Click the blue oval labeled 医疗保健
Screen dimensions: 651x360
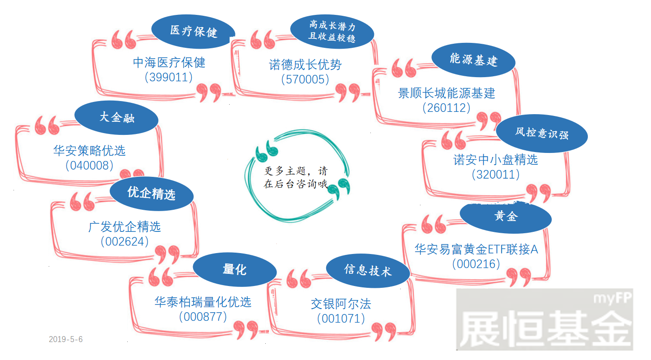[193, 32]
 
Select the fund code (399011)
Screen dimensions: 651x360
[169, 77]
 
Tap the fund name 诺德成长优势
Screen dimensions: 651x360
[305, 65]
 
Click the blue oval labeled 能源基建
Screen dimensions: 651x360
[473, 60]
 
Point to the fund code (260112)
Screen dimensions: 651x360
[446, 108]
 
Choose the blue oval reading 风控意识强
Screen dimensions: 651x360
[542, 134]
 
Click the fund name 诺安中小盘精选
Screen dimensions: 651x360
[495, 160]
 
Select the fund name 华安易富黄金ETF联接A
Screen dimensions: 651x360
[476, 249]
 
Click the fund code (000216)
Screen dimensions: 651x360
[476, 264]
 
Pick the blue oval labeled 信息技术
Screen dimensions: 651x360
[368, 271]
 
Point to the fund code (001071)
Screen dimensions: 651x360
[341, 319]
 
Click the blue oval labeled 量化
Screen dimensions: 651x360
[235, 269]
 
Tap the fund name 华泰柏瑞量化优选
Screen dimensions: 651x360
[203, 302]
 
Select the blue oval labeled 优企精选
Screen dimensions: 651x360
[152, 194]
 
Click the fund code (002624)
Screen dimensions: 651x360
[125, 242]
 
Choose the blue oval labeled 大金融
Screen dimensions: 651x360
[116, 118]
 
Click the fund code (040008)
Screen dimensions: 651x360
[89, 166]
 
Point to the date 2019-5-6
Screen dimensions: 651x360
[66, 339]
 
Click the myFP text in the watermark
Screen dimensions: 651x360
[612, 298]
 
